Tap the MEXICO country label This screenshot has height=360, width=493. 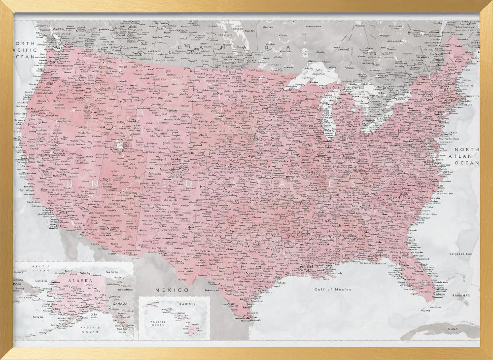coord(172,290)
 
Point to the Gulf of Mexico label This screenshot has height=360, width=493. coord(334,289)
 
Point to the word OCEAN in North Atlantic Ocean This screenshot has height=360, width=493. coord(466,162)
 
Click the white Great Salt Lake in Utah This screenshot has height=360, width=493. coord(118,145)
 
